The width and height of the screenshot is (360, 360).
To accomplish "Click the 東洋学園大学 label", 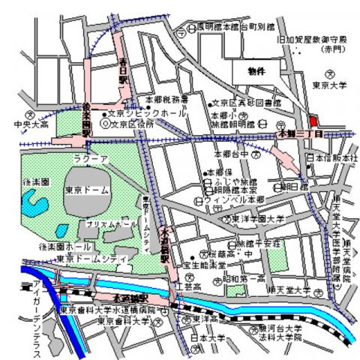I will pos(257,218).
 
